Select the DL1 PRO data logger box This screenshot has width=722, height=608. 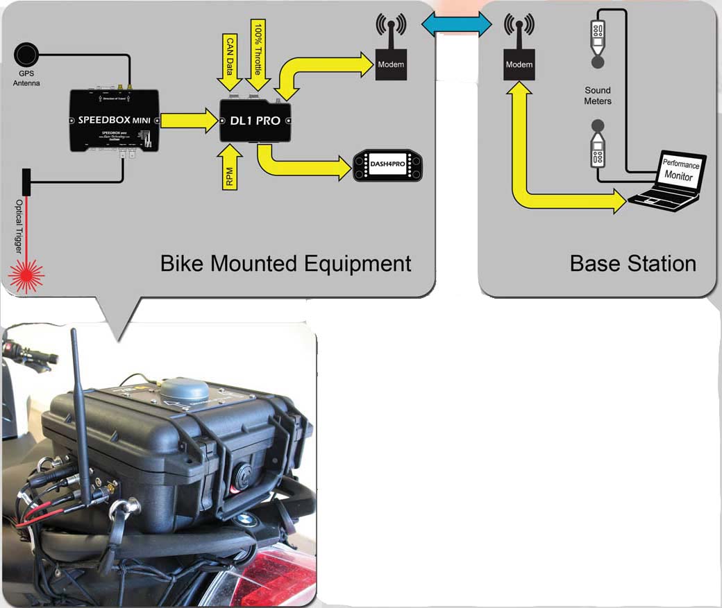pyautogui.click(x=255, y=121)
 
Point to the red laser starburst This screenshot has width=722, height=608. pyautogui.click(x=26, y=273)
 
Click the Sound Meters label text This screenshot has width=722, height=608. pyautogui.click(x=598, y=96)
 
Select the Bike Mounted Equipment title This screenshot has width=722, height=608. pyautogui.click(x=285, y=263)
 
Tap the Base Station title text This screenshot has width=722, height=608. pyautogui.click(x=632, y=263)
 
